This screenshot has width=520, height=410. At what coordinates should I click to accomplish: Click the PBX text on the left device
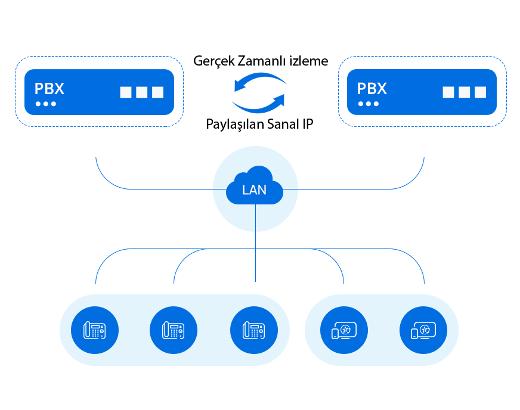point(49,89)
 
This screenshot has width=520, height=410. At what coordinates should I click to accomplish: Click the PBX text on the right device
point(372,89)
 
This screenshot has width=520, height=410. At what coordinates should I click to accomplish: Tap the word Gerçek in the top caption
point(214,61)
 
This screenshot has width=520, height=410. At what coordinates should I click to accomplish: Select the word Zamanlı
point(262,61)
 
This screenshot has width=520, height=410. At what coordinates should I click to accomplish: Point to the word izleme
point(309,61)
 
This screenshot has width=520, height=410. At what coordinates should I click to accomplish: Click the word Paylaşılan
point(234,125)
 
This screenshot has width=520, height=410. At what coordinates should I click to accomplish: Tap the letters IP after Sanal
point(308,125)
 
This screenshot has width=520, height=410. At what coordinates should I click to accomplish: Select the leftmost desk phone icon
point(94,330)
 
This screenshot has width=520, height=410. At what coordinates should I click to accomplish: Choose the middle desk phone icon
point(174,330)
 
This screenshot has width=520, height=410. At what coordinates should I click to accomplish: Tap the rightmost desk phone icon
point(254,330)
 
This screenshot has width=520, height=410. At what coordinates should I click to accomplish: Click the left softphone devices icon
point(344,330)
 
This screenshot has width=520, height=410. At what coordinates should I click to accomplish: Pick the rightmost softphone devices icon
point(423,330)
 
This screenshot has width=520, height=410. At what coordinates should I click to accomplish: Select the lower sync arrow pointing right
point(259,106)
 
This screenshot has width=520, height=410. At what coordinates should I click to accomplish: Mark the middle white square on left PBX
point(141,92)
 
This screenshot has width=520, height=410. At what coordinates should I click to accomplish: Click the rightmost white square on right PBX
point(480,92)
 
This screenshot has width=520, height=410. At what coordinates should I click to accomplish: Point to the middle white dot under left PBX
point(46,104)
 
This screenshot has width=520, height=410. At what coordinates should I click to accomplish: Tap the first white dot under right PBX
point(361,104)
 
